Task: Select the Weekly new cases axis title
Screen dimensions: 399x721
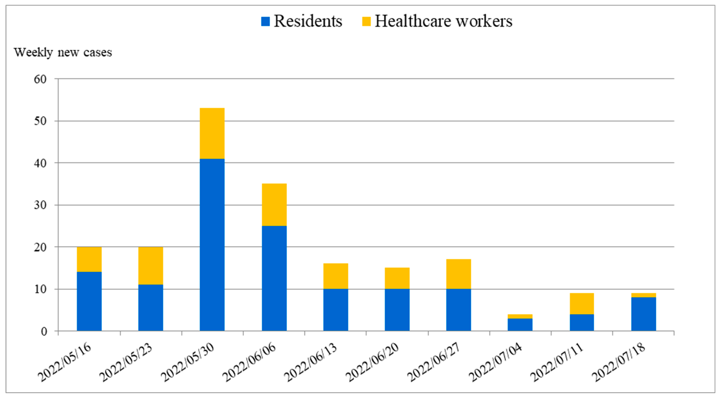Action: [x=63, y=52]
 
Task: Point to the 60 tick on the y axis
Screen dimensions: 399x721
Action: [x=40, y=79]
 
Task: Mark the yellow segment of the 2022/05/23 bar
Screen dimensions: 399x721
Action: [x=151, y=266]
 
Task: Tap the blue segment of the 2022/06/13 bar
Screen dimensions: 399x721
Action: [x=336, y=310]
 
